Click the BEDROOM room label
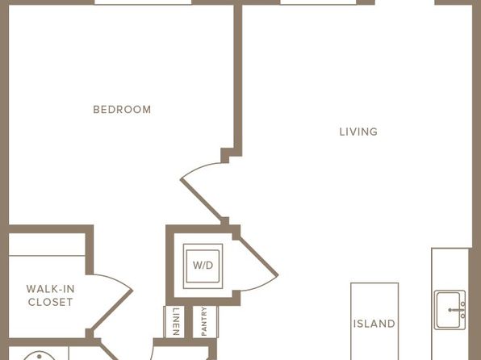tap(122, 110)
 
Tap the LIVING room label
tap(358, 132)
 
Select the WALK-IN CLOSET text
tap(51, 295)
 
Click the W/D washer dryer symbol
tap(203, 266)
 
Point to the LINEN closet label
tap(176, 321)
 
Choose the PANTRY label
tap(204, 321)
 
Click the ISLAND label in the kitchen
tap(374, 324)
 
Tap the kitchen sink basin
tap(448, 310)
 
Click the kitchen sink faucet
tap(458, 310)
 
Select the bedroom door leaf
tap(202, 199)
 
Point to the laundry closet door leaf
tap(258, 256)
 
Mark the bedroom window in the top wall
tap(143, 2)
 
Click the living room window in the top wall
tap(318, 2)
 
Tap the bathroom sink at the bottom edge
tap(40, 356)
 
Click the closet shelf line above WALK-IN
tap(47, 255)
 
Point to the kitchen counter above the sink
tap(450, 269)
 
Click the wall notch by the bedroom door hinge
tap(225, 156)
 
